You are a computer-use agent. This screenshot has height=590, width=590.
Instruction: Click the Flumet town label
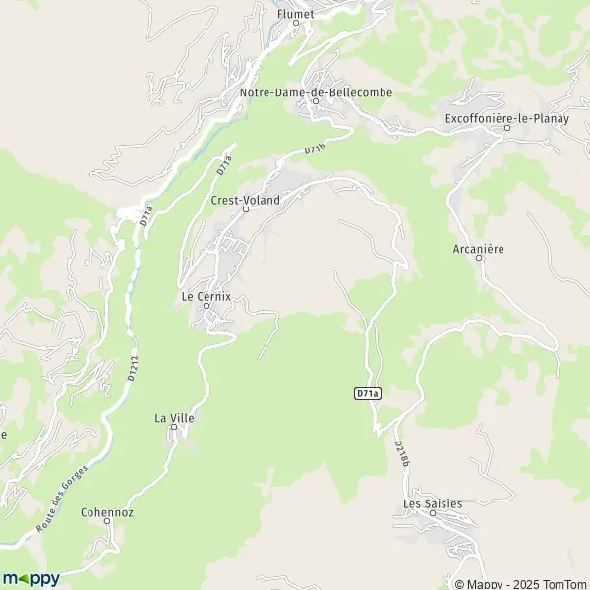click(x=295, y=14)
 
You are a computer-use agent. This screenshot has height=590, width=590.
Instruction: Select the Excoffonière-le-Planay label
click(x=507, y=118)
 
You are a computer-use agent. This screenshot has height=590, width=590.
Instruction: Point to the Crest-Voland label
click(x=246, y=200)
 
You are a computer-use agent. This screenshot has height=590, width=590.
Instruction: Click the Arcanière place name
click(x=480, y=249)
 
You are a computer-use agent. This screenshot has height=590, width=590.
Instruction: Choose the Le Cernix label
click(x=206, y=295)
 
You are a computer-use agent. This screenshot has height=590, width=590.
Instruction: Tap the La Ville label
click(x=174, y=418)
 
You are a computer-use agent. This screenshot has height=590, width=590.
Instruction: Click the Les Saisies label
click(x=433, y=503)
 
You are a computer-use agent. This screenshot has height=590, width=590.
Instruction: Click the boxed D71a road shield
click(x=367, y=393)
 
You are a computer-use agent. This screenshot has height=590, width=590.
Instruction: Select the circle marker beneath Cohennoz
click(x=107, y=523)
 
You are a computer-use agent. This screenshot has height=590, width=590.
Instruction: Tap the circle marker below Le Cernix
click(x=206, y=306)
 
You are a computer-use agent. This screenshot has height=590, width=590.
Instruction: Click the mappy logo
click(x=31, y=578)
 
